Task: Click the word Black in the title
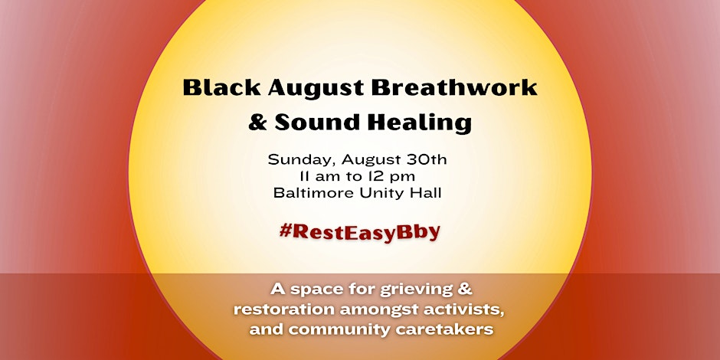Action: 222,87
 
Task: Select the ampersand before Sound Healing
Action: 257,123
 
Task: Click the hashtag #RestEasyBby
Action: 359,232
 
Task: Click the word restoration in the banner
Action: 285,309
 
